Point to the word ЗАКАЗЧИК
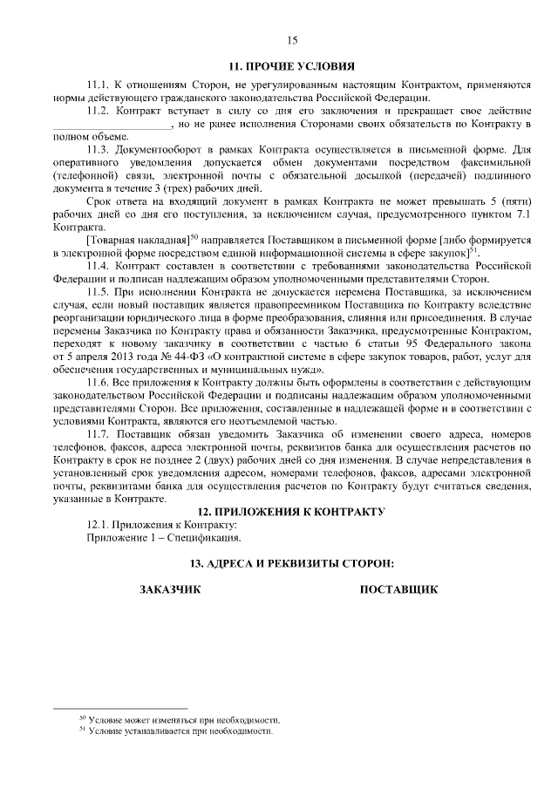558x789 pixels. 171,590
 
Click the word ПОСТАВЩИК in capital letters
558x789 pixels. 398,590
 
